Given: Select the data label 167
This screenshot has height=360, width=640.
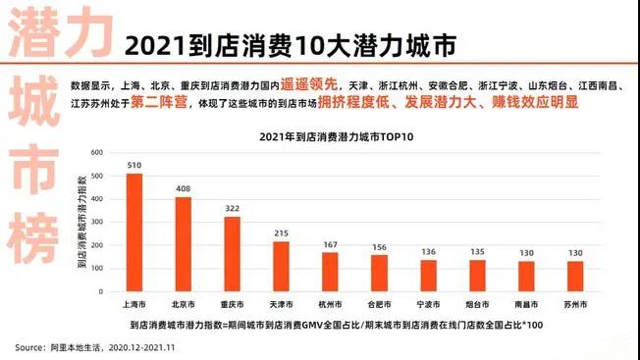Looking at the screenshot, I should point(330,245).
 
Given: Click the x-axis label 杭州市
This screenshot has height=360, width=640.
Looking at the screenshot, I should point(330,304).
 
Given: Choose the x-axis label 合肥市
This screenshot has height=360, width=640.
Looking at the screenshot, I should point(379,304).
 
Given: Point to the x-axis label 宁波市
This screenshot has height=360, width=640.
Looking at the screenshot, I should point(428,304).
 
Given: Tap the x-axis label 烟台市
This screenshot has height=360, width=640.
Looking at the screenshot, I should point(477,304).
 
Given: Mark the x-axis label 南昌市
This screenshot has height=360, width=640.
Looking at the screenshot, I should point(526,304).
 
